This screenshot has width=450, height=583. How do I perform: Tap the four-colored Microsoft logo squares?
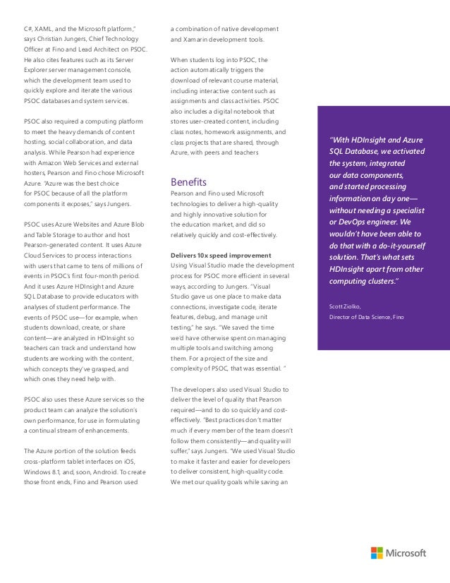click(x=377, y=553)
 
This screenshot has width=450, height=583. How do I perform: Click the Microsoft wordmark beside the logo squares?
click(x=406, y=553)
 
